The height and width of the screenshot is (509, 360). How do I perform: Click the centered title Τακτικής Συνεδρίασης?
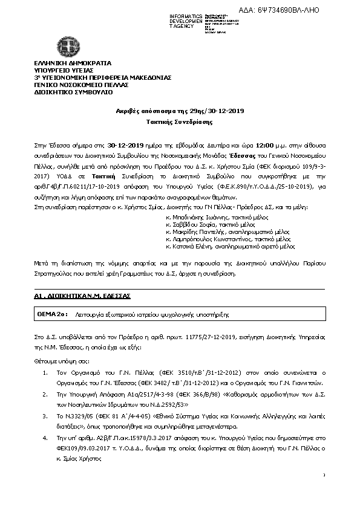coord(180,121)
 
